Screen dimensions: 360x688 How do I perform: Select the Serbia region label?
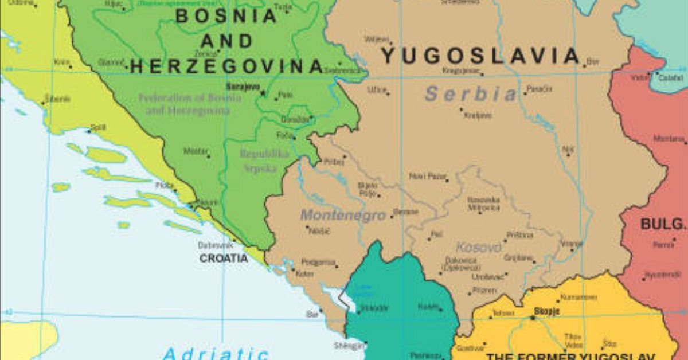pos(471,93)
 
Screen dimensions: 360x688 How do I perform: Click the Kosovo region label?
pos(478,248)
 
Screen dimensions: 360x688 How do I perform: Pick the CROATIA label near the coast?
pos(224,259)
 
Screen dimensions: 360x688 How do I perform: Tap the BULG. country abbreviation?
pos(663,224)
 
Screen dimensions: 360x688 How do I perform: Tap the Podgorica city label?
pos(318,262)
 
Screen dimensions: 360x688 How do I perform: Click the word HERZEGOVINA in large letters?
pos(227,66)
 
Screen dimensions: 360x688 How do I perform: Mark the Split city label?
pos(98,127)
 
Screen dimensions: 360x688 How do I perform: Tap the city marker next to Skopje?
pos(532,317)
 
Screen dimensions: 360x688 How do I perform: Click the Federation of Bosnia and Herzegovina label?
pos(190,104)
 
